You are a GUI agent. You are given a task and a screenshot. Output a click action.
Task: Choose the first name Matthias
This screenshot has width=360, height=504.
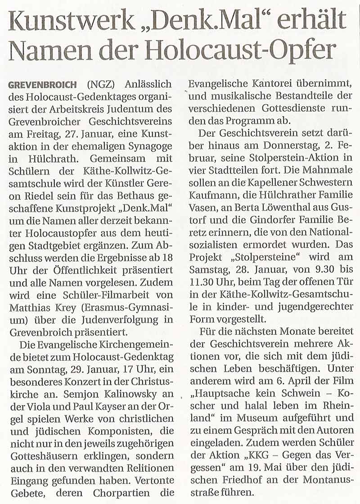[30, 308]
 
